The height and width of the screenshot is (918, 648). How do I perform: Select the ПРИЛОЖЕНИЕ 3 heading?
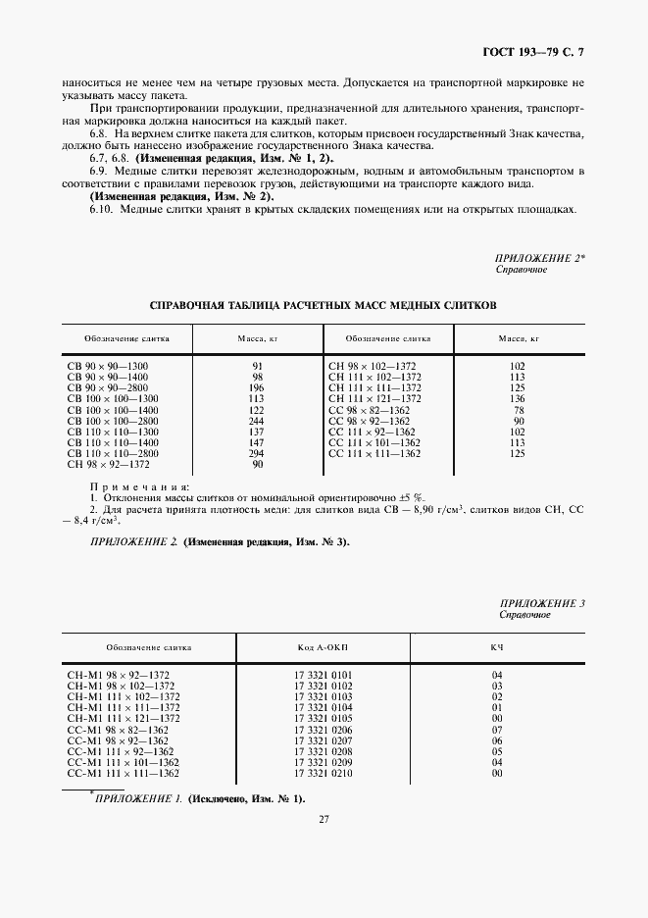[542, 603]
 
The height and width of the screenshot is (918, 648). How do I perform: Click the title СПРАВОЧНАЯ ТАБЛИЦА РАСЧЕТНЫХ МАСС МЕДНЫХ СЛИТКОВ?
[323, 305]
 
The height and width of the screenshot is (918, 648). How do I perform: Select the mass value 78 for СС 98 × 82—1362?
[519, 410]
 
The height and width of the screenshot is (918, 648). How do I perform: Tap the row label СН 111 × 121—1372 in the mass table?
[374, 398]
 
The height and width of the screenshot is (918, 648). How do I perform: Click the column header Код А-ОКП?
[329, 647]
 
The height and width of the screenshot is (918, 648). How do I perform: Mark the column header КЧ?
[497, 647]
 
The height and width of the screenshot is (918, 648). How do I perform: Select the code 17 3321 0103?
[329, 695]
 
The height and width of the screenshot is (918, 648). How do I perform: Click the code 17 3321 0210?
[329, 773]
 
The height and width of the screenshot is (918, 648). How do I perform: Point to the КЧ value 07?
[497, 729]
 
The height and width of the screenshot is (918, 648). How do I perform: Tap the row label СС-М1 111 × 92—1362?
[124, 751]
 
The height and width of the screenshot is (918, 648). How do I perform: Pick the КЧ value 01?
[497, 706]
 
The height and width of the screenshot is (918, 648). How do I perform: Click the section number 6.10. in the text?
[103, 208]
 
